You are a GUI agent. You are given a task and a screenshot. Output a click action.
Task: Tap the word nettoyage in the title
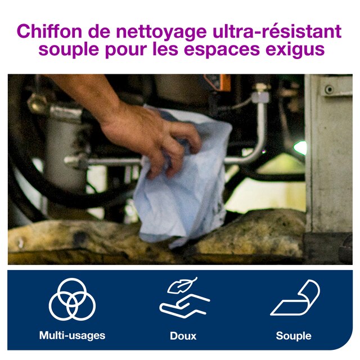[161, 32]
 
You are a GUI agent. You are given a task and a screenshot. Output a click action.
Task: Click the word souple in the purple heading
[69, 49]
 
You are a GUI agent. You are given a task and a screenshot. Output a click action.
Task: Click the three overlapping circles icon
[72, 299]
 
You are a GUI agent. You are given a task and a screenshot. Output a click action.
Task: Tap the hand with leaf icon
[184, 298]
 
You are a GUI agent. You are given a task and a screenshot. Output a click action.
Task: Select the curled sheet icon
[295, 298]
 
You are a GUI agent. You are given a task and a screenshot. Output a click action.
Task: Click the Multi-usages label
[72, 335]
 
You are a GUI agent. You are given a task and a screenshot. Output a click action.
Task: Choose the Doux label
[183, 336]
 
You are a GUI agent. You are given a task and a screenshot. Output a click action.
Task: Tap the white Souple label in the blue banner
[294, 336]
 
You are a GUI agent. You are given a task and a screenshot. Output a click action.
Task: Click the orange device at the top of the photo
[217, 83]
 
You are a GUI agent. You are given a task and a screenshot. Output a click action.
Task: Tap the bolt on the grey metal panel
[329, 89]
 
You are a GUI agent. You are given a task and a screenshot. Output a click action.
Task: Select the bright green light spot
[300, 147]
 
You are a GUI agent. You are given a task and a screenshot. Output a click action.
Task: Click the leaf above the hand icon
[182, 285]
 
